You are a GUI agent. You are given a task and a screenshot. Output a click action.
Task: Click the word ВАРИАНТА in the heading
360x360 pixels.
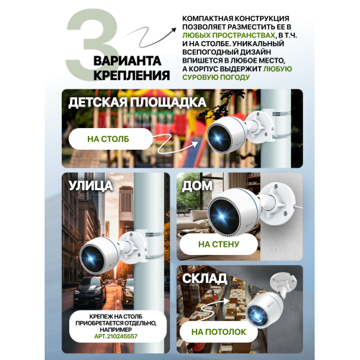127,60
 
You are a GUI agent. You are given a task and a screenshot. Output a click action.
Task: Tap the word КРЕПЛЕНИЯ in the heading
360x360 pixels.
132,75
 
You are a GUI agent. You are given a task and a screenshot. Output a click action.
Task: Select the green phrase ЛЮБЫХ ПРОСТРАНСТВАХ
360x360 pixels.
228,35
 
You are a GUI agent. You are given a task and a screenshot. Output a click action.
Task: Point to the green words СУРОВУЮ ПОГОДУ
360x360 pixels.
216,77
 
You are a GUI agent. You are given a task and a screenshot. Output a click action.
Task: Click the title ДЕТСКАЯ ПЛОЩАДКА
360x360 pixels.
138,102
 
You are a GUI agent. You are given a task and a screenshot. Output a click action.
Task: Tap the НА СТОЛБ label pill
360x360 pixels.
111,139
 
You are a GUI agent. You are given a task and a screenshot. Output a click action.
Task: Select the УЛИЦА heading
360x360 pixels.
91,186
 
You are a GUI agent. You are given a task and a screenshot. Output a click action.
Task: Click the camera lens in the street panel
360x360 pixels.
91,258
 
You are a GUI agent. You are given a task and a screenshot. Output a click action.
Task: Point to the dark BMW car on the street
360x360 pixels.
89,292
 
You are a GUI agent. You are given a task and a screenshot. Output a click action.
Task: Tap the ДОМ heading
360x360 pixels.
197,186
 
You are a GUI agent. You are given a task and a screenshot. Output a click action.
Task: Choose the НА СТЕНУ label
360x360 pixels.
219,244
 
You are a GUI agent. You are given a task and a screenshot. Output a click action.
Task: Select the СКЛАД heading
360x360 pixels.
204,279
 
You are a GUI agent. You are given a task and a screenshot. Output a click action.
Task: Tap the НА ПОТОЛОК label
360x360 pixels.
219,332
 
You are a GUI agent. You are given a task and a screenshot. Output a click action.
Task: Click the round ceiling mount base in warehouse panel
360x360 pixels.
283,281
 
